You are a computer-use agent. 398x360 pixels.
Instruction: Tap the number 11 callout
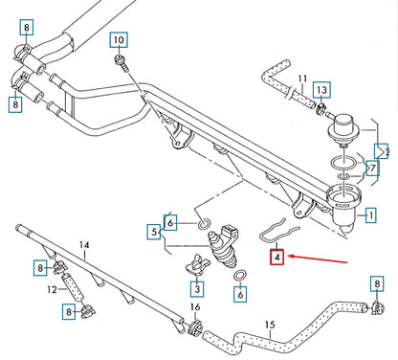(301, 79)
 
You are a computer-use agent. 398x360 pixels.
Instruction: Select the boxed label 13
(321, 90)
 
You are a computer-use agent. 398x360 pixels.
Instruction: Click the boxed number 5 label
(154, 231)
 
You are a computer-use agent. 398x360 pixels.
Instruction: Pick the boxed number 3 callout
(195, 287)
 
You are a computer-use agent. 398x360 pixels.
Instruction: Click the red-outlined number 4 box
(276, 257)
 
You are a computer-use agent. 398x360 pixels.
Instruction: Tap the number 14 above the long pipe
(83, 246)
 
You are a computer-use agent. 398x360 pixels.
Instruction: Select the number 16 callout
(194, 307)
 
